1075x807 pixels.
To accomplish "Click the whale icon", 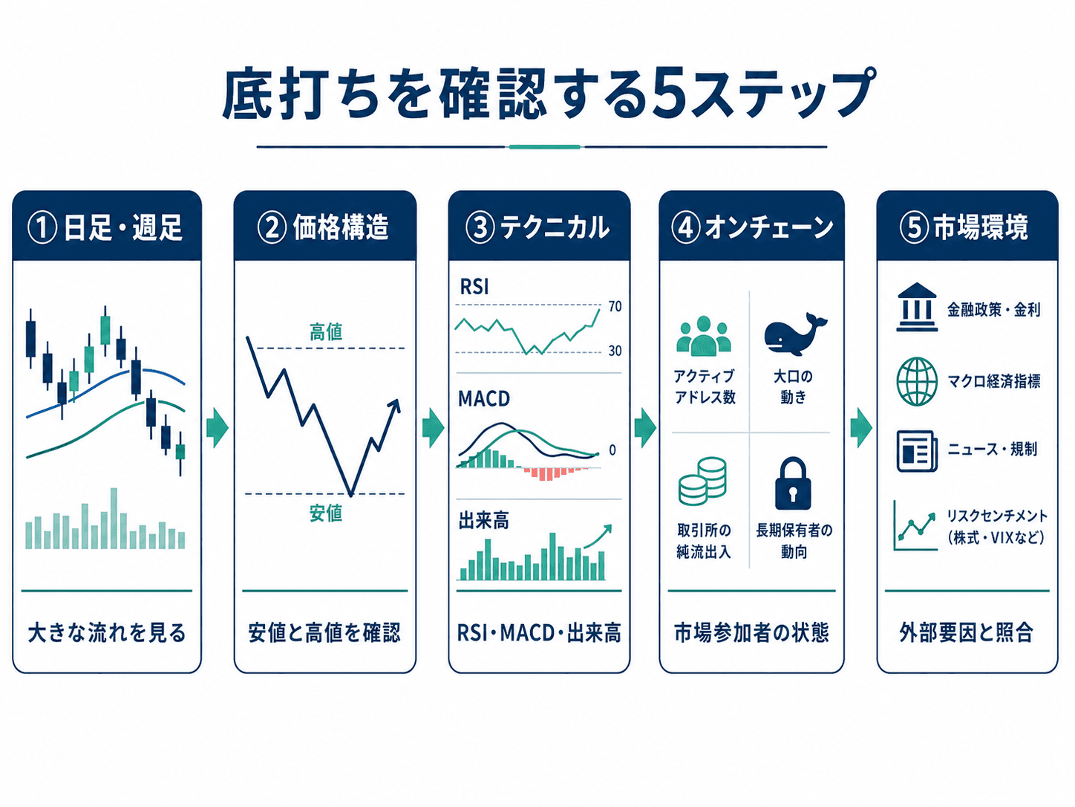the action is [794, 334].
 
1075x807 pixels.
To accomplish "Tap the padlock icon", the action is [793, 484].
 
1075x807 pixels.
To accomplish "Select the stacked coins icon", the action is [702, 482].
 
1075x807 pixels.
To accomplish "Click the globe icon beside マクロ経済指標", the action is [917, 381].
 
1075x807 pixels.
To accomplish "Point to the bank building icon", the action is [917, 307].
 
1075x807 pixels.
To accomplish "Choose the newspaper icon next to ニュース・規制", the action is [917, 451].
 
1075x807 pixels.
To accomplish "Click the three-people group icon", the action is [704, 336].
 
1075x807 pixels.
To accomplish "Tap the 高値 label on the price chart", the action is [326, 331].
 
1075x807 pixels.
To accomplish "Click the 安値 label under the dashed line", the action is [326, 513].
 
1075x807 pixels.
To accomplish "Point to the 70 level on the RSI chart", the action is [615, 307].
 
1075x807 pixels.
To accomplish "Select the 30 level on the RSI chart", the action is [615, 351].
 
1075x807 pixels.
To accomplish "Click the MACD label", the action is [484, 399].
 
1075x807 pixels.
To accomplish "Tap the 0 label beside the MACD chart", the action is [612, 450].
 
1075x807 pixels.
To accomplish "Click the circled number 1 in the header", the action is [42, 228].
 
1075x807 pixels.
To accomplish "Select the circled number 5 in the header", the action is [914, 228].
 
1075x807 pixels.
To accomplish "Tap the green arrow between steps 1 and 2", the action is [217, 428].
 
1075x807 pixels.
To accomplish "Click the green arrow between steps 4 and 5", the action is [861, 428].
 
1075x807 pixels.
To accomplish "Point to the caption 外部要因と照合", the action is [967, 632].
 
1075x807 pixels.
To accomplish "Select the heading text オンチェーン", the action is [769, 228].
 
